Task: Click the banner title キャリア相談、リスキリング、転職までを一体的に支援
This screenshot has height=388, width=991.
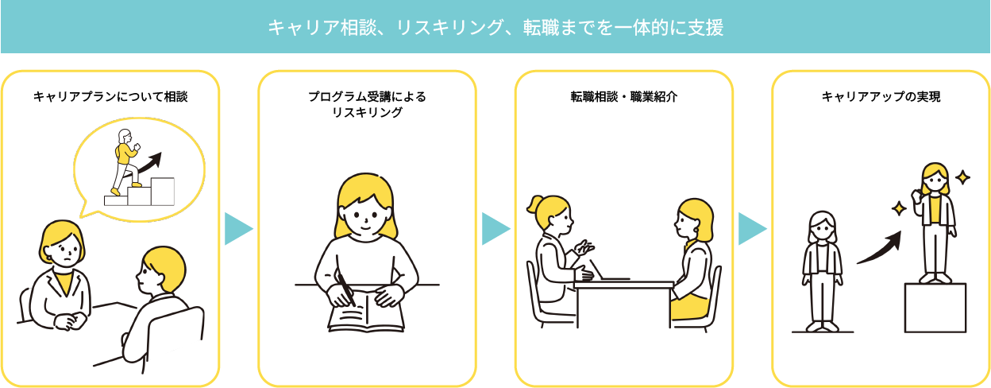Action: coord(495,28)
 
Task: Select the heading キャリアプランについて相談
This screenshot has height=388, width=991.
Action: coord(110,96)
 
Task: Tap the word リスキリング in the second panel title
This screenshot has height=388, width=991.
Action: coord(367,112)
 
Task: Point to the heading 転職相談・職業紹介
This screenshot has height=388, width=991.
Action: coord(624,96)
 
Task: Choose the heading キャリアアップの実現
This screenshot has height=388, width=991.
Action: coord(881,96)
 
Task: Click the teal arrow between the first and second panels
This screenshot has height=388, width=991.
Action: coord(238,228)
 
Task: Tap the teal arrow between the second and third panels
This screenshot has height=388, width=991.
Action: coord(496,228)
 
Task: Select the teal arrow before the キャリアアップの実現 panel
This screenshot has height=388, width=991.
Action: coord(753,228)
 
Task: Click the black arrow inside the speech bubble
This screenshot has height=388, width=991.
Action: coord(149,165)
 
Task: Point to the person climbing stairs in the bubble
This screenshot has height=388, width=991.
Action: coord(125,161)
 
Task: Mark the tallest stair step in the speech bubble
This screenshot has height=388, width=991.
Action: coord(162,192)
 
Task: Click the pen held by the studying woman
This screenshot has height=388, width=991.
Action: coord(346,289)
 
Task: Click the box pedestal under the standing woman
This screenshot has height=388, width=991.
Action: coord(935,308)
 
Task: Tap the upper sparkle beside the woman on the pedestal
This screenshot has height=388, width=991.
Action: coord(962,177)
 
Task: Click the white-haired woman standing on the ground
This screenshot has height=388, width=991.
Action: coord(822,271)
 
